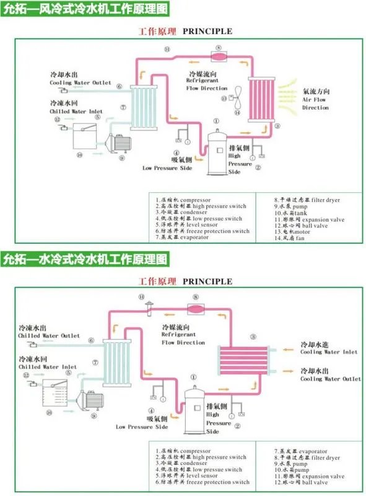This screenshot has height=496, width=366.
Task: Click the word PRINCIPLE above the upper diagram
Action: click(207, 30)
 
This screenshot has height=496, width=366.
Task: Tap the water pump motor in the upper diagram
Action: click(118, 143)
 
